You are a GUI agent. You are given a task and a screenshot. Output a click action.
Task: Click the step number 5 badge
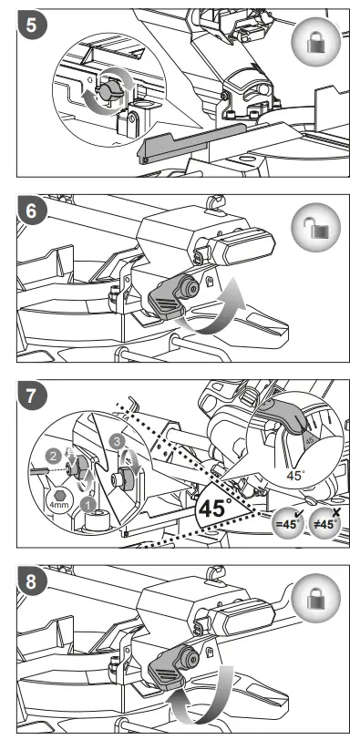(31, 25)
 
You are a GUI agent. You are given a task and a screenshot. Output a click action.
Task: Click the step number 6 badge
(31, 211)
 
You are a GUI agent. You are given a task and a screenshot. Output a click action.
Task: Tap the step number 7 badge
(31, 396)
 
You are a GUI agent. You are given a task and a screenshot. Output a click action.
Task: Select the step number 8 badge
(31, 581)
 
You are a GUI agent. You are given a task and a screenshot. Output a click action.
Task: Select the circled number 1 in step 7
(87, 505)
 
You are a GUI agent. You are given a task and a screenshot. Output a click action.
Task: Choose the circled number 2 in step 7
(52, 457)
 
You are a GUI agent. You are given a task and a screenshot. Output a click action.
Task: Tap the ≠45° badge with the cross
(326, 522)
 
